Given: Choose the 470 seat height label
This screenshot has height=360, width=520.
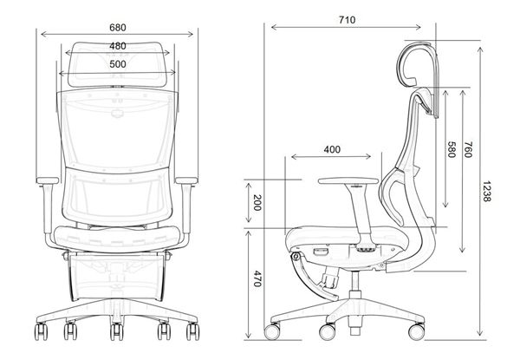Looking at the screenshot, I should coord(256,279).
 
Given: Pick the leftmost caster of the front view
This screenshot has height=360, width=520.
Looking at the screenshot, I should coord(40,332).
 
